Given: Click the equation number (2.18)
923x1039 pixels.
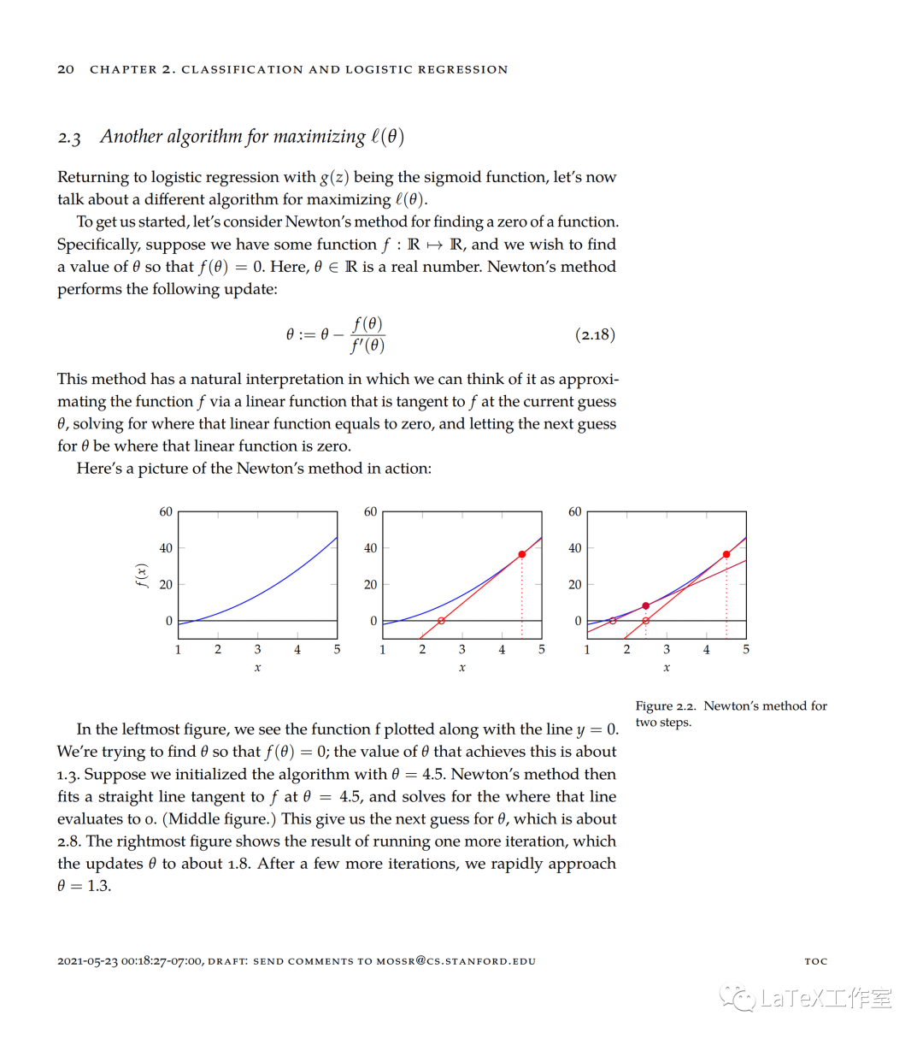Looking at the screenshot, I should point(595,334).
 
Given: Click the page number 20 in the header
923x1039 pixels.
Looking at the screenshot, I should point(66,69).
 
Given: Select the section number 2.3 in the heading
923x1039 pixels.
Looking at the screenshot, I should point(69,138).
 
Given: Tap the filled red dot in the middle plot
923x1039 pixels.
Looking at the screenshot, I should point(522,554).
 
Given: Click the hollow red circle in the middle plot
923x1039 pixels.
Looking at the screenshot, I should point(441,621).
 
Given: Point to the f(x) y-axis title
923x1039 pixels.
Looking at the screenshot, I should point(143,576).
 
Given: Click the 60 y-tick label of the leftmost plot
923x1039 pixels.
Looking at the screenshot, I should point(166,511).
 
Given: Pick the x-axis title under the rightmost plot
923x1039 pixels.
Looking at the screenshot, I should point(667,667).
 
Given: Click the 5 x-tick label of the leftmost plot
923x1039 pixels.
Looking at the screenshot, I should point(337,649).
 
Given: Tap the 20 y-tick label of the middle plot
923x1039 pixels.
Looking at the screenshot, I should point(370,584).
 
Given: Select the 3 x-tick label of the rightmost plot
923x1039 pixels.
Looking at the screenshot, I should point(667,649).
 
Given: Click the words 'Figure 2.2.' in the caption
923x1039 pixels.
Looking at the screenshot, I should point(666,705).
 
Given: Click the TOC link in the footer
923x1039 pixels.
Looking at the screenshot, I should point(816,961).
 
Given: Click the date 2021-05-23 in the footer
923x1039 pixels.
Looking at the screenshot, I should point(88,961).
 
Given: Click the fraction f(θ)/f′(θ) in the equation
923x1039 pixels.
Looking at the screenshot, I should point(368,334).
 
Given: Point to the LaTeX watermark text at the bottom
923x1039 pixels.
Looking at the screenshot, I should point(825,998).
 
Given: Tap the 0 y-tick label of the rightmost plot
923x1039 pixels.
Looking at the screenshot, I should point(578,621).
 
